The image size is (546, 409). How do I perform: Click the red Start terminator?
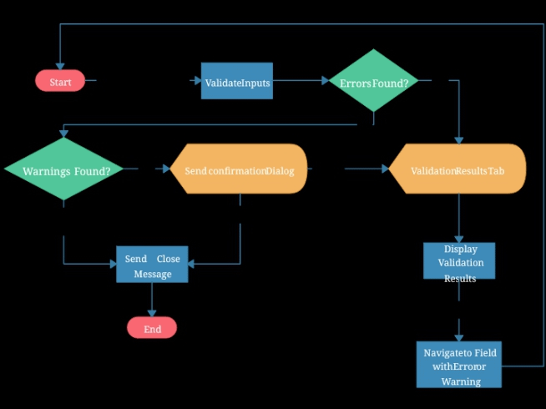click(x=60, y=81)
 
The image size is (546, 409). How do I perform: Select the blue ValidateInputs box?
click(x=237, y=82)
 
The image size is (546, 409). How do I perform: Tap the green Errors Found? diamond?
click(x=373, y=81)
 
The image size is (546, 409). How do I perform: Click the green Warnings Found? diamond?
click(x=63, y=169)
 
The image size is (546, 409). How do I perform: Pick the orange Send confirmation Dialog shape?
click(x=240, y=169)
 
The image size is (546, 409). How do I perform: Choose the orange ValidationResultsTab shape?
click(x=458, y=169)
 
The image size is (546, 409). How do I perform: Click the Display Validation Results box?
click(x=459, y=262)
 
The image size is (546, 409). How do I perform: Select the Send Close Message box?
click(x=152, y=265)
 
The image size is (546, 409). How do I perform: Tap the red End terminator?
click(x=152, y=328)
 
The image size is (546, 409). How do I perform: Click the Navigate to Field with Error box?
click(x=459, y=365)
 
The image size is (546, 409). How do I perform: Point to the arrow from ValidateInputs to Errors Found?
click(x=301, y=81)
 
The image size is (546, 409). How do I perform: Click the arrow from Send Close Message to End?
click(x=152, y=300)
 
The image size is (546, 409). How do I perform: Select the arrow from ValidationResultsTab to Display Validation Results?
click(x=458, y=219)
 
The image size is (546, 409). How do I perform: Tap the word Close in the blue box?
click(x=168, y=259)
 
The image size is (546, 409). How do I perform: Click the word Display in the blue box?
click(x=460, y=249)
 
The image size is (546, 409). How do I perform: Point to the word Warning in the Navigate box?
click(x=461, y=381)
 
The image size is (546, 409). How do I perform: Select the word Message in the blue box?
click(x=153, y=274)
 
